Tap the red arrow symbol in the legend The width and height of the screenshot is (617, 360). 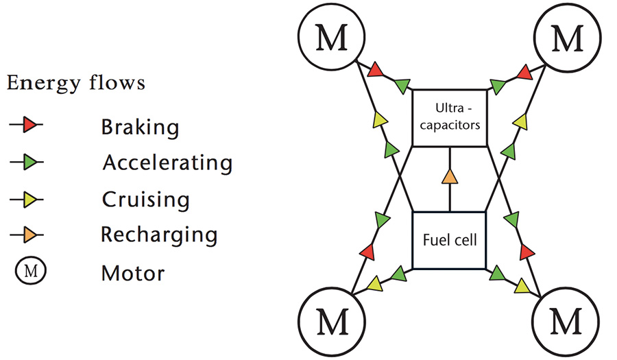click(x=26, y=125)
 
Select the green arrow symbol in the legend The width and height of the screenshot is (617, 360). click(x=26, y=162)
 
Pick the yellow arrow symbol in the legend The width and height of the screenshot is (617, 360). click(x=26, y=200)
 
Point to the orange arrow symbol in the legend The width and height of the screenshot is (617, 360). click(x=26, y=235)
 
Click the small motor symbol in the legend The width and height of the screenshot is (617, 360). click(x=31, y=271)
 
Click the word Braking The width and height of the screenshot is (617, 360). click(x=140, y=128)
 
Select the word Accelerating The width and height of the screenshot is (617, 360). click(x=168, y=163)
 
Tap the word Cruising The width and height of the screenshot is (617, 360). click(x=145, y=200)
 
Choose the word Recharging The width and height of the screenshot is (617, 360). click(x=159, y=235)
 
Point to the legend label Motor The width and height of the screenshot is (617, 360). click(x=132, y=273)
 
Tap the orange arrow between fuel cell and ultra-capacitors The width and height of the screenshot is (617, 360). click(x=450, y=177)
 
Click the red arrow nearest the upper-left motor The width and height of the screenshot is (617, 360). click(x=376, y=70)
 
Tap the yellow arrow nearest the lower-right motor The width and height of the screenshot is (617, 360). click(x=522, y=286)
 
